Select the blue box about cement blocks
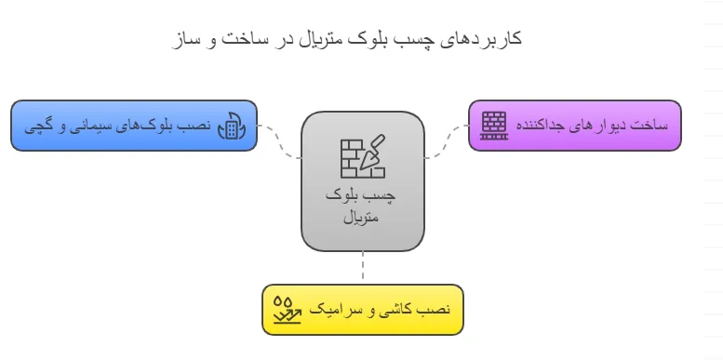pos(133,126)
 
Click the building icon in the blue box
pos(229,127)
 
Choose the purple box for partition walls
pos(574,126)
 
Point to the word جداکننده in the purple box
pos(542,126)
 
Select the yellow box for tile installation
pos(362,310)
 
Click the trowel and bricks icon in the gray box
pos(362,155)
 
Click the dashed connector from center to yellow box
pos(362,268)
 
